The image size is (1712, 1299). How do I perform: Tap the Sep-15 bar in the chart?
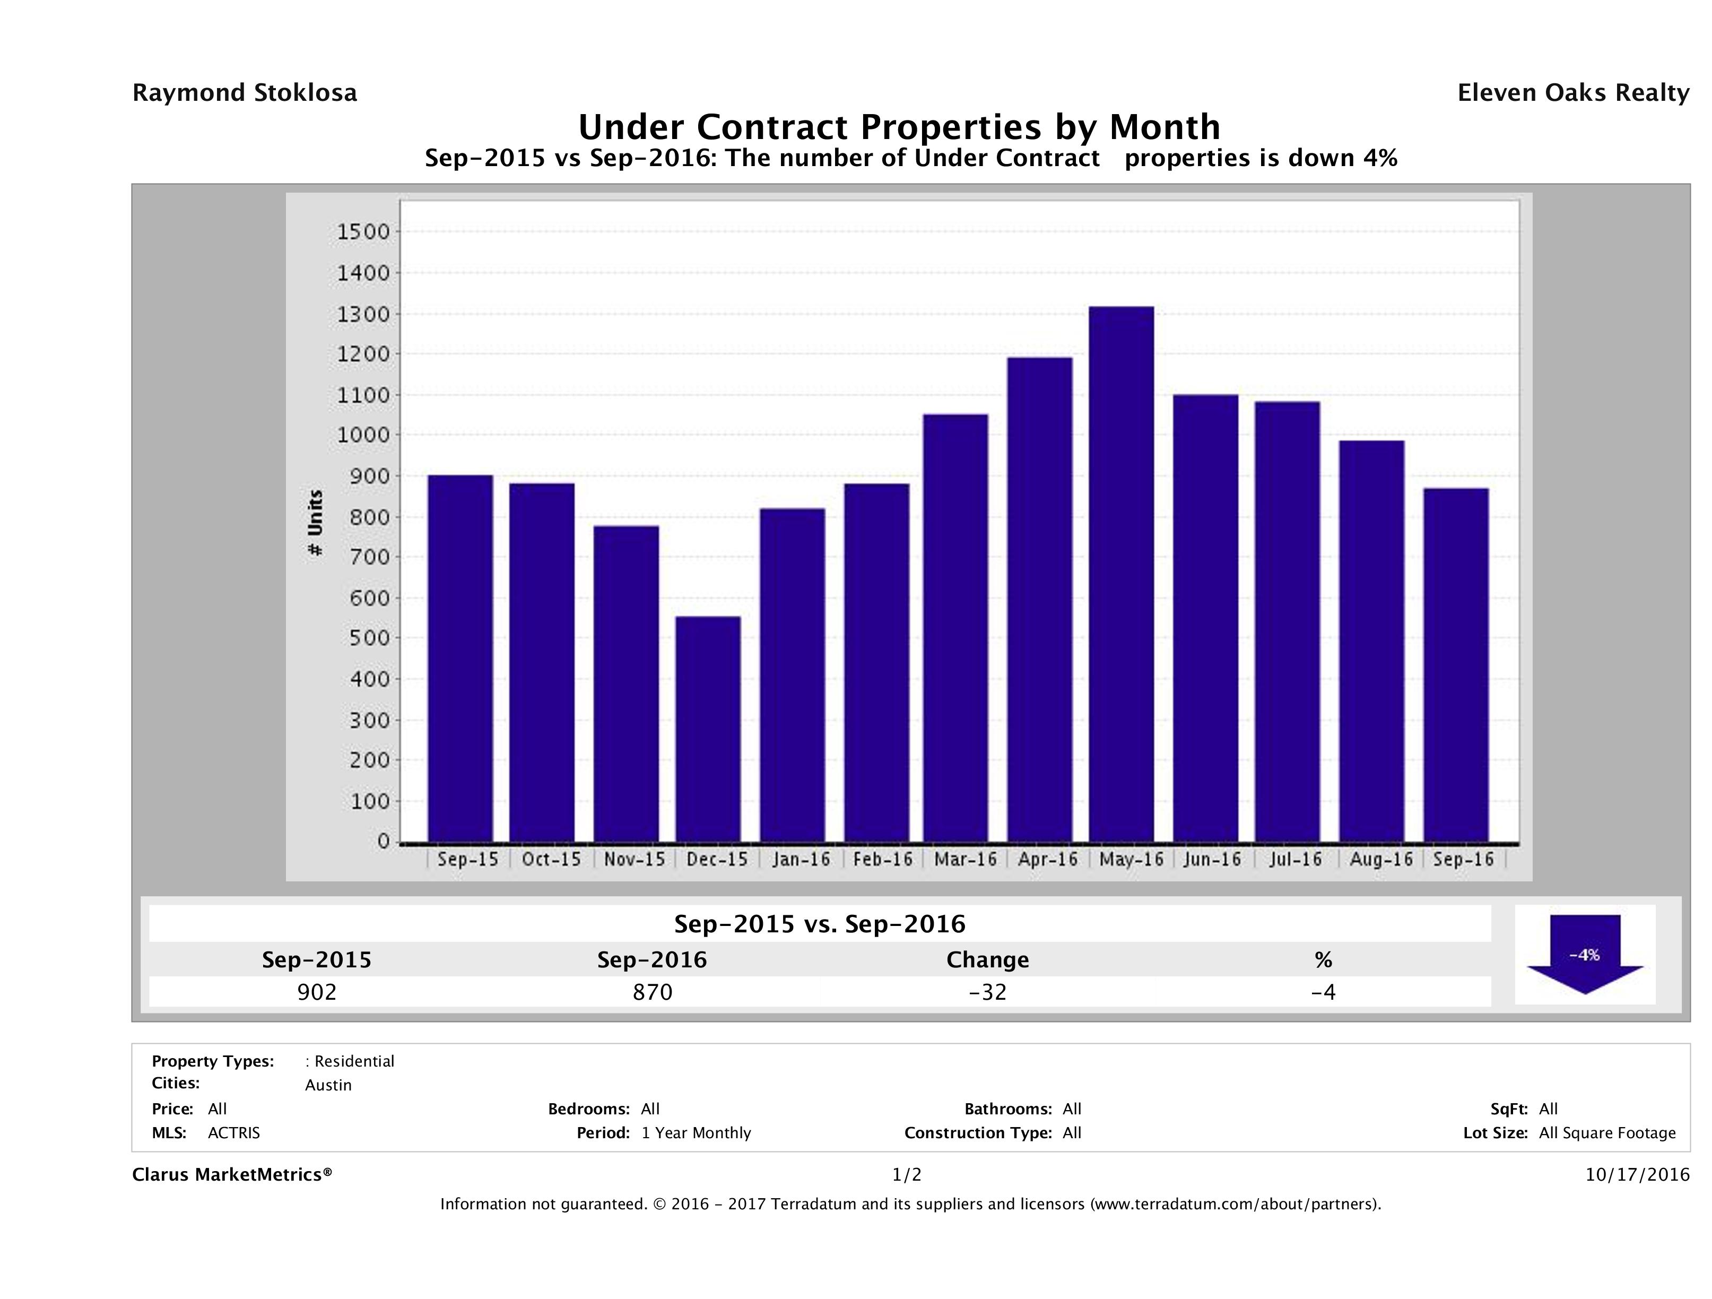click(x=460, y=658)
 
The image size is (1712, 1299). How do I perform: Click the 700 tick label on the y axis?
click(x=362, y=557)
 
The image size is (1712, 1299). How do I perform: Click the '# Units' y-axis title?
click(x=315, y=523)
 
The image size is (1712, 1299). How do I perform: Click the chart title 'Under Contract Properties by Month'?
click(x=899, y=127)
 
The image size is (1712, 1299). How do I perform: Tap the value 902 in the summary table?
click(x=317, y=992)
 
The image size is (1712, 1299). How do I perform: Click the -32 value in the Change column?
click(x=988, y=992)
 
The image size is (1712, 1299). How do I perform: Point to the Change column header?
click(x=988, y=960)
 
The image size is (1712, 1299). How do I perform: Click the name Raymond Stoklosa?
click(x=245, y=93)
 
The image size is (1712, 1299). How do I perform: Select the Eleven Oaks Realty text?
click(x=1572, y=93)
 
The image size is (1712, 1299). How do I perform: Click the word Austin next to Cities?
click(x=328, y=1085)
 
